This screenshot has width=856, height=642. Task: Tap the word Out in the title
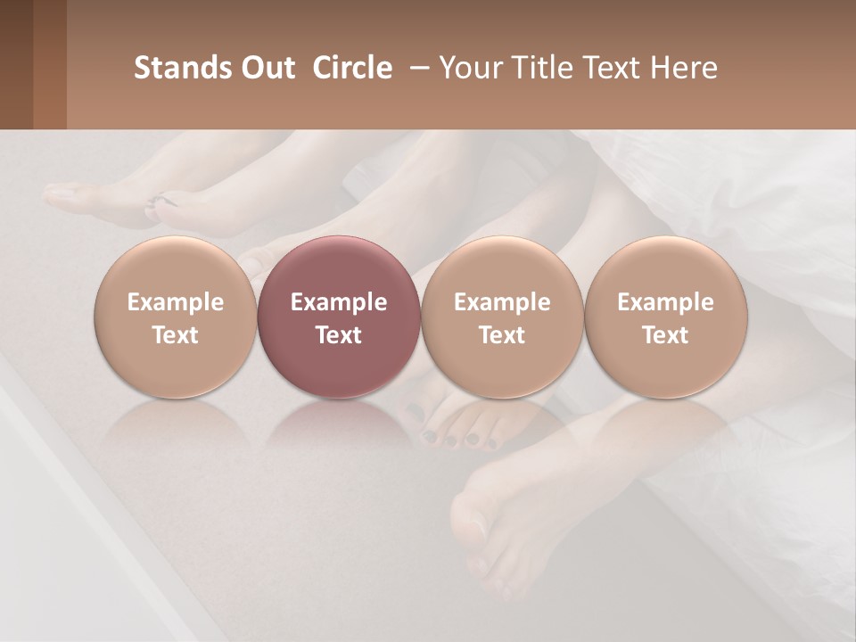click(267, 68)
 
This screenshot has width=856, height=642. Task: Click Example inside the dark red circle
click(339, 302)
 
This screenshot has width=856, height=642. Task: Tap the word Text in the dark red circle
click(339, 335)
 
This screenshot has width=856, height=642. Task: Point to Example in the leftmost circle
click(175, 302)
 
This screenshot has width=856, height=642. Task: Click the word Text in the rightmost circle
click(665, 335)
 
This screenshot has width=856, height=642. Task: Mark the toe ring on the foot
click(154, 204)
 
